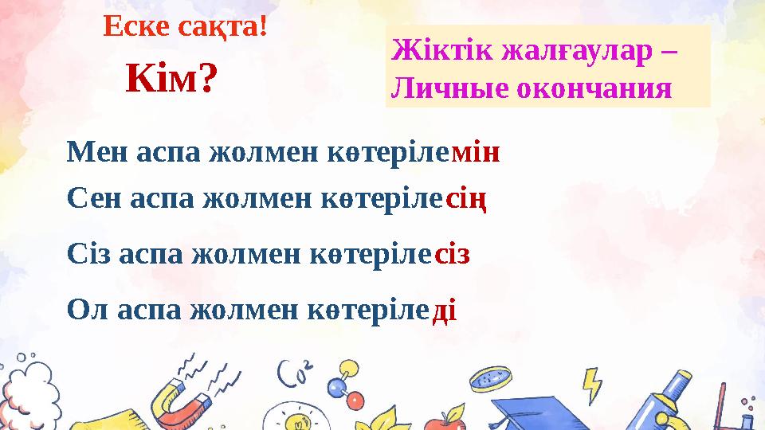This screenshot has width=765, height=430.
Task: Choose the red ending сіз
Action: (453, 255)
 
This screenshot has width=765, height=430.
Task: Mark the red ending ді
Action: (443, 307)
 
